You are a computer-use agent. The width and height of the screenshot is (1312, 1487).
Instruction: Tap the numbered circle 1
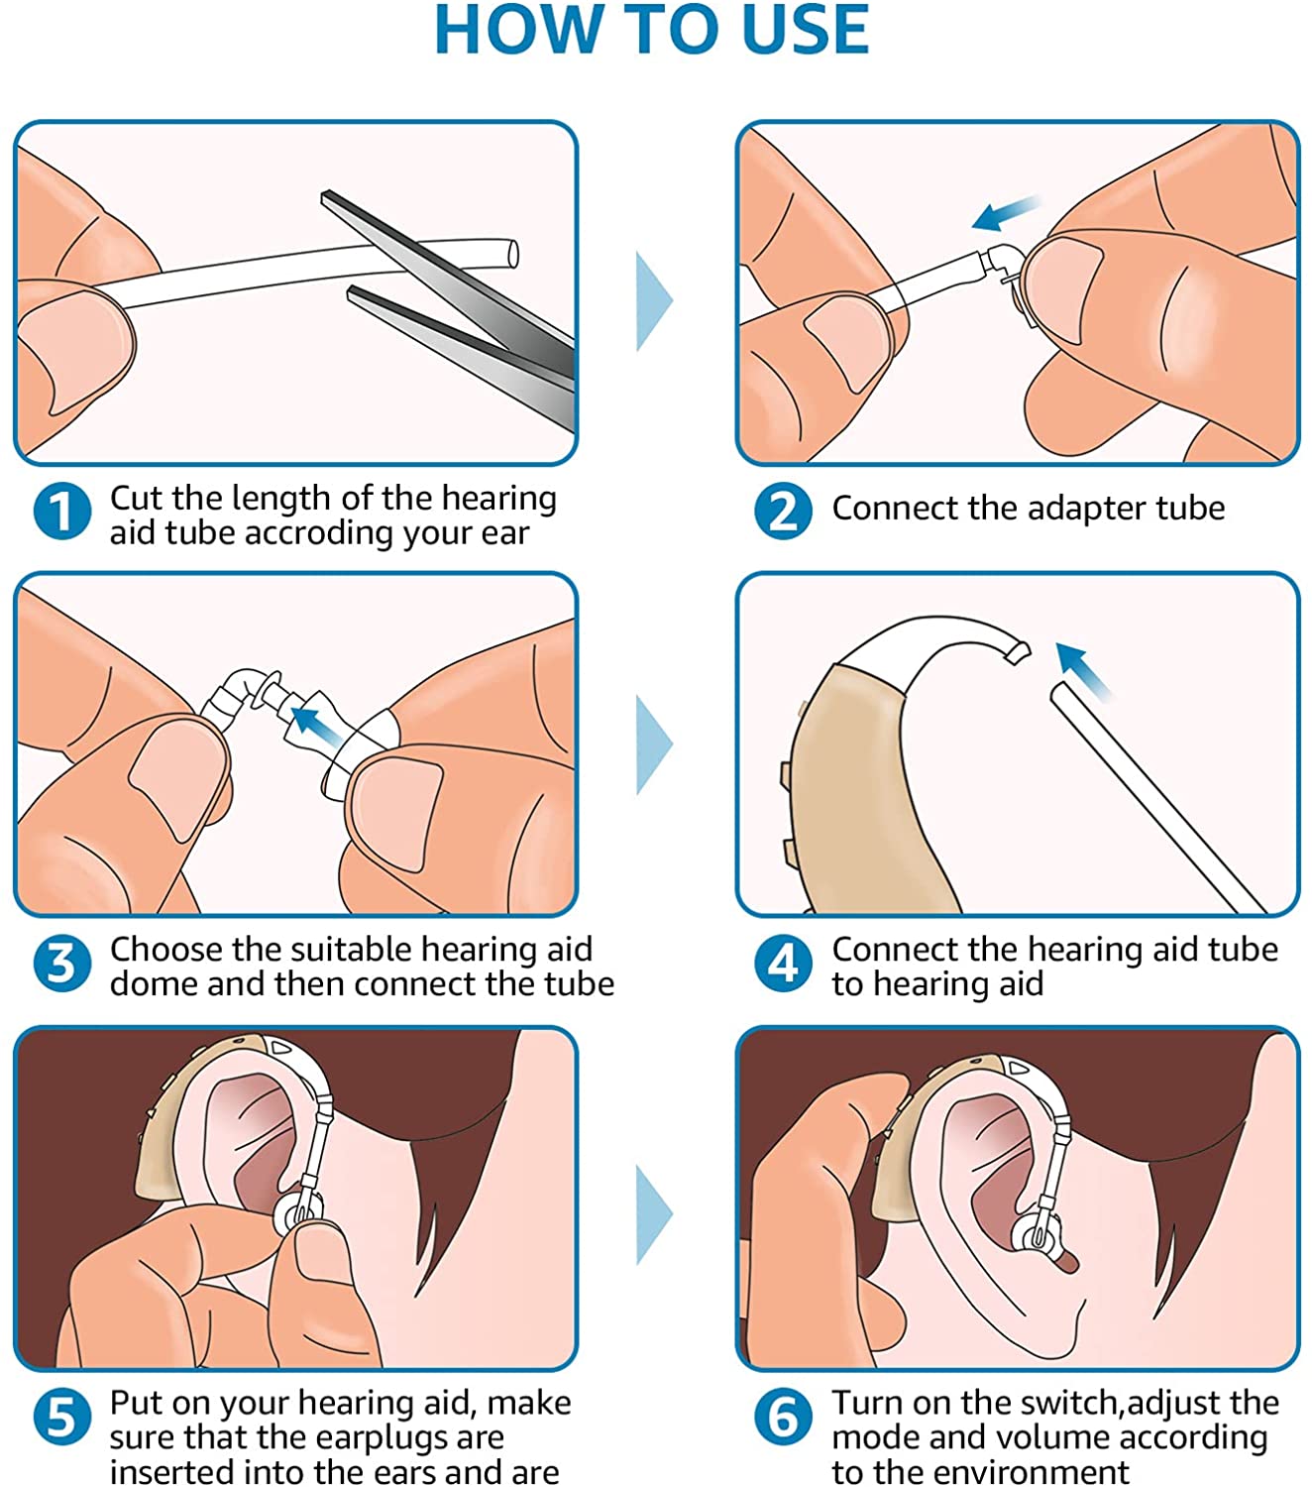pos(62,511)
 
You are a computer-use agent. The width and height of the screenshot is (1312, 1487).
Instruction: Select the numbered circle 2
pos(784,511)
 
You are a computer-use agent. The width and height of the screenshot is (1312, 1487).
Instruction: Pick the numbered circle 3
pos(62,963)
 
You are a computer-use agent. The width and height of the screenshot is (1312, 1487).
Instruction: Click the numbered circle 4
pos(784,963)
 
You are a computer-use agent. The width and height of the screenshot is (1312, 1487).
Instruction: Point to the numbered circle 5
pos(62,1417)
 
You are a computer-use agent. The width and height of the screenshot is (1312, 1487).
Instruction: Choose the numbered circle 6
pos(784,1417)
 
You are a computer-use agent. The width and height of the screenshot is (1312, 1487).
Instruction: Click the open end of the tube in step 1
pos(513,254)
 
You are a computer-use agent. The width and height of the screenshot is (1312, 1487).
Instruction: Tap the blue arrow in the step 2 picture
pos(1005,212)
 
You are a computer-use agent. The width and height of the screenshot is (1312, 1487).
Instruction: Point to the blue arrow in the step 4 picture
pos(1083,670)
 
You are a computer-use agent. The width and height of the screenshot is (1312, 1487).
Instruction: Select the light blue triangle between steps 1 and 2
pos(654,301)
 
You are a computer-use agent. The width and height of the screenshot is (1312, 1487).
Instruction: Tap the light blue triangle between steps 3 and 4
pos(654,744)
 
